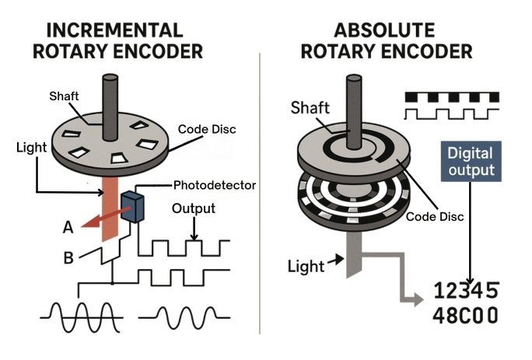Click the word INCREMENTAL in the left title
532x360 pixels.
click(114, 31)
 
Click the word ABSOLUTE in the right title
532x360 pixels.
click(386, 31)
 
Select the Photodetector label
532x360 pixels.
click(214, 186)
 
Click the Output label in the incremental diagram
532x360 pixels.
click(194, 208)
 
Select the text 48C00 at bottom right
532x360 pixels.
click(465, 317)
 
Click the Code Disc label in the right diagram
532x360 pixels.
click(435, 217)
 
